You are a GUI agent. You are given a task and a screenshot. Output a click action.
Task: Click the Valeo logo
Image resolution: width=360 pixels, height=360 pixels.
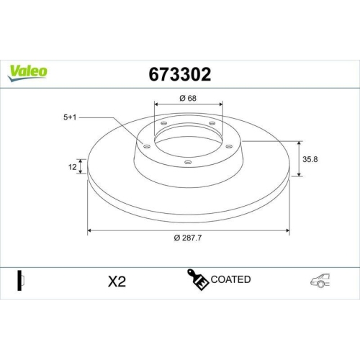pos(28,71)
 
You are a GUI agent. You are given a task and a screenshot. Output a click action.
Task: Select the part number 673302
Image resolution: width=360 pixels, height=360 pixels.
pos(179,73)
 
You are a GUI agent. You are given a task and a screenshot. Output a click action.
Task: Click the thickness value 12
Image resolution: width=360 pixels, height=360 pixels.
pos(73,166)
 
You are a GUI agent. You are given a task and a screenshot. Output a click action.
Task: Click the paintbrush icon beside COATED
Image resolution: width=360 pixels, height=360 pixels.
pos(199,279)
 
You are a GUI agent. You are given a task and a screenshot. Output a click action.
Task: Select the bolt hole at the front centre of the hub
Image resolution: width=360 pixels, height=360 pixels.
pos(189,162)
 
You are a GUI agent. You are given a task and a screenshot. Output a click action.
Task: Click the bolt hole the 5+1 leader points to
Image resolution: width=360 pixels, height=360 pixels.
pos(148,147)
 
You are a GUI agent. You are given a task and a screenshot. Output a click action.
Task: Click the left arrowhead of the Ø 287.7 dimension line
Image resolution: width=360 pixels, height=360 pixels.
pos(90,230)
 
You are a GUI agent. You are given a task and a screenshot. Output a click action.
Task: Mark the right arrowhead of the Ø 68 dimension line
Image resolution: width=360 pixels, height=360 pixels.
pos(220,104)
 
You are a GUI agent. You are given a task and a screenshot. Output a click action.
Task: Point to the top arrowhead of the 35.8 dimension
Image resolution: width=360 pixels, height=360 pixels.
pos(299,143)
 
